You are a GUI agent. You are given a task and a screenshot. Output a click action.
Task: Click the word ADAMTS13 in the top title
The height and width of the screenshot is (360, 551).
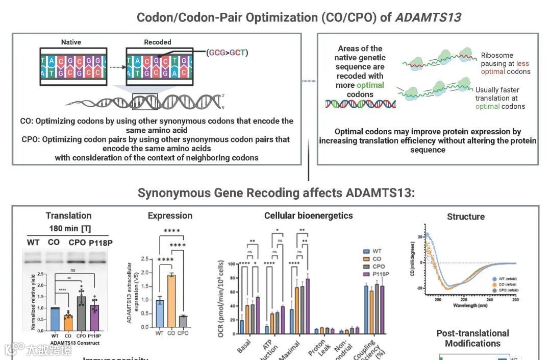coord(428,17)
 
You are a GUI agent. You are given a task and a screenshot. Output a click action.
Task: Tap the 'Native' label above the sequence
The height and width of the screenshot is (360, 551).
coord(71,42)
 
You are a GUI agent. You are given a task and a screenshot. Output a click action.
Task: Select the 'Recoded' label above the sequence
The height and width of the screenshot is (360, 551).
coord(158,42)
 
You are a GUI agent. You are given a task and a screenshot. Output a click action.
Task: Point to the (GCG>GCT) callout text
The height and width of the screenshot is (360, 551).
coord(228,52)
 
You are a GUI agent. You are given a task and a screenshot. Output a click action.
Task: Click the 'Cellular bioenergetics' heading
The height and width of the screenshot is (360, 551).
coord(308,215)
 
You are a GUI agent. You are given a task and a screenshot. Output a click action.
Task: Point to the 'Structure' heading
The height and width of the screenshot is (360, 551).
coord(465,217)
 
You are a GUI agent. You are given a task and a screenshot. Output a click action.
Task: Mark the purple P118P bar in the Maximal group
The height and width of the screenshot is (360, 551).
coord(308,306)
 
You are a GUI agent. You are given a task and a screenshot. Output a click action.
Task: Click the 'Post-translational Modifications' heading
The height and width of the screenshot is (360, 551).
coord(472,338)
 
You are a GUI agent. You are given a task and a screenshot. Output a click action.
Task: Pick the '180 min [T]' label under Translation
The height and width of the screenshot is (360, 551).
coord(70,228)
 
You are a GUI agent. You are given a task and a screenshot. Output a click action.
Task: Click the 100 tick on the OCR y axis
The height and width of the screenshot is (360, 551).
coord(233,264)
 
